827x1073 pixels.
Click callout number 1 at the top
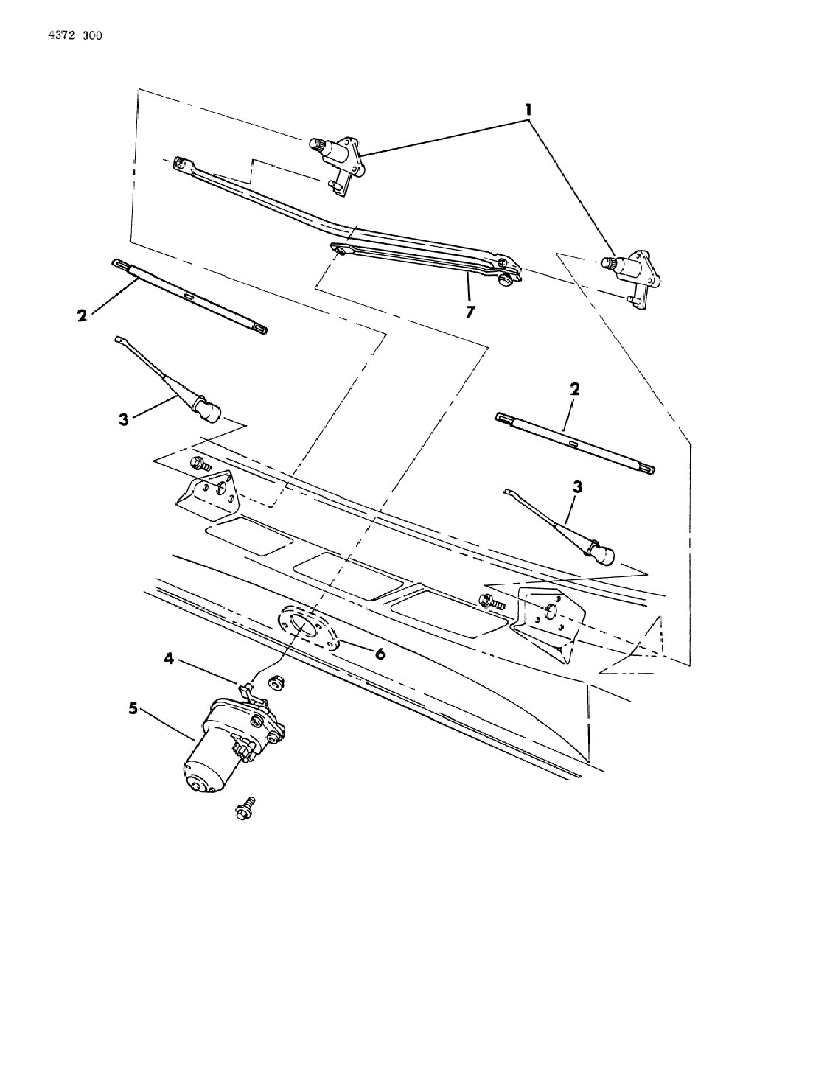pos(528,110)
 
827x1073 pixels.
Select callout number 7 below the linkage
pos(470,312)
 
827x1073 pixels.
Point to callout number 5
pos(133,708)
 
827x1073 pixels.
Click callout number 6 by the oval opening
pos(380,654)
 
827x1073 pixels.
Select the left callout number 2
pos(82,315)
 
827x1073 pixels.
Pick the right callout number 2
pos(575,388)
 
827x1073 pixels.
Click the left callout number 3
pos(124,419)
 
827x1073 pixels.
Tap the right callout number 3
pos(577,487)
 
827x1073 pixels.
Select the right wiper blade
pos(575,442)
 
